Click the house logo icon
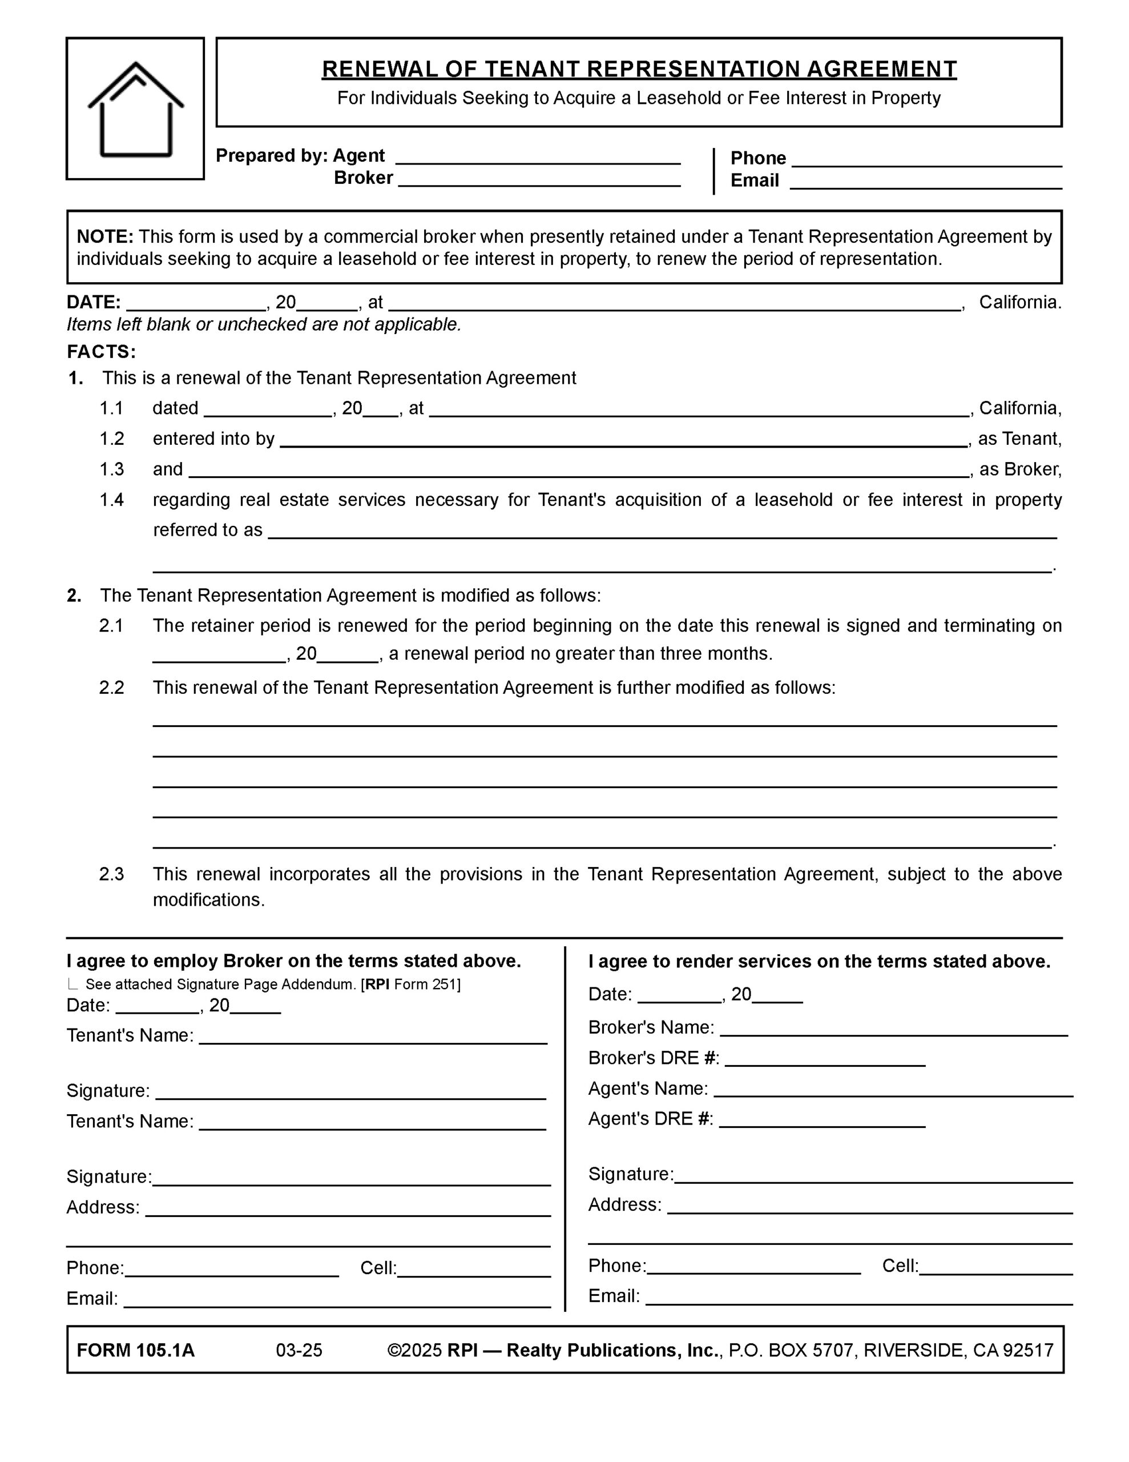pyautogui.click(x=135, y=109)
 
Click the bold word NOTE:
pyautogui.click(x=105, y=237)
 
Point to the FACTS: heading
pyautogui.click(x=101, y=352)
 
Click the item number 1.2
pyautogui.click(x=112, y=439)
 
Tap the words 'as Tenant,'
pyautogui.click(x=1019, y=439)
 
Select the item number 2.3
pyautogui.click(x=112, y=874)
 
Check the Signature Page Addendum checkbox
pyautogui.click(x=72, y=985)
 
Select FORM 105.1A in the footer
pyautogui.click(x=136, y=1350)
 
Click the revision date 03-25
pyautogui.click(x=299, y=1350)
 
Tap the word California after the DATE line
pyautogui.click(x=1019, y=303)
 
